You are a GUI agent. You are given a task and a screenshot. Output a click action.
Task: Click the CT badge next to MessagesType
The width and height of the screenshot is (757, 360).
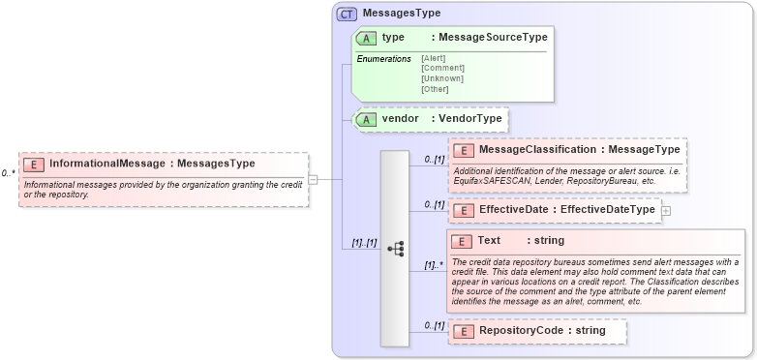click(x=347, y=14)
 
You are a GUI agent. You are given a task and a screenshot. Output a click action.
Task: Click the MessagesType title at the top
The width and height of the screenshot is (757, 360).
click(x=401, y=14)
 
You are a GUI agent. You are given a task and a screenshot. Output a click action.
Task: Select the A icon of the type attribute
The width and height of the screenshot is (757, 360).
click(x=367, y=38)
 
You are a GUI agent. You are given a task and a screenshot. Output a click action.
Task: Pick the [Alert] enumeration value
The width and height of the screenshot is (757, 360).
click(x=434, y=58)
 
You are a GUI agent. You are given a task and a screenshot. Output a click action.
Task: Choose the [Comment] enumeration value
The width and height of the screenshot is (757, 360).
click(x=442, y=68)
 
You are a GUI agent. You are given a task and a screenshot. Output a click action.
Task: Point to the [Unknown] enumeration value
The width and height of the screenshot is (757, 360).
click(x=442, y=78)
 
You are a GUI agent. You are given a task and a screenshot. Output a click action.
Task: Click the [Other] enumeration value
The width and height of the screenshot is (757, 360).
click(x=435, y=89)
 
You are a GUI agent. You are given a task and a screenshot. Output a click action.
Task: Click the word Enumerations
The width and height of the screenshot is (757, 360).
click(x=383, y=59)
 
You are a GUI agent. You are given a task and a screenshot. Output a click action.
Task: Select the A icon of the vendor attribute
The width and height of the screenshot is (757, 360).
click(x=367, y=119)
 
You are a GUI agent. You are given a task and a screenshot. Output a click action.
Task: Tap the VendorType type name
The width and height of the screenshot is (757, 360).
click(x=470, y=119)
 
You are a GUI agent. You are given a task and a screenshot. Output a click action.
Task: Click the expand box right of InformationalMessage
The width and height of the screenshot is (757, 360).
click(x=313, y=179)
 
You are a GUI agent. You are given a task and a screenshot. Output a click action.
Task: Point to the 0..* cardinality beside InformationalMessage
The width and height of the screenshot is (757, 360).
click(x=9, y=173)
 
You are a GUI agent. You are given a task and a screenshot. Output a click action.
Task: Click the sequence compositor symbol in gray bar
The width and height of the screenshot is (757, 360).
click(x=395, y=249)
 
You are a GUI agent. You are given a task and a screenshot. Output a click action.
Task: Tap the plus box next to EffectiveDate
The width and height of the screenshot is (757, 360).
click(x=666, y=210)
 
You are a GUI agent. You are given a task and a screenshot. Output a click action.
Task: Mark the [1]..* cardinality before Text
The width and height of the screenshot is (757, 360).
click(x=434, y=263)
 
